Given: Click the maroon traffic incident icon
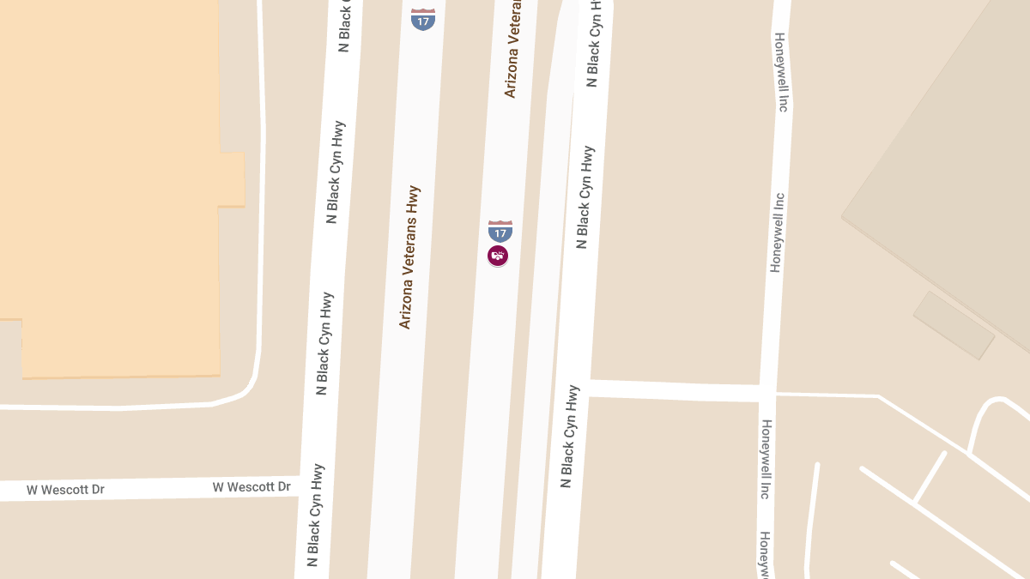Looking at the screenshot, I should (498, 255).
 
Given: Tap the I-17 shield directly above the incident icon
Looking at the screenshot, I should (500, 230).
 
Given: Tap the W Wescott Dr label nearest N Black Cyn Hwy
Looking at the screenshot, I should (251, 487).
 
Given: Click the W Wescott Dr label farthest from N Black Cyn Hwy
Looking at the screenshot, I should (65, 490).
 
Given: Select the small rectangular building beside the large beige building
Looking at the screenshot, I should (954, 325).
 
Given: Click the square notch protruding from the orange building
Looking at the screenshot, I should (232, 180).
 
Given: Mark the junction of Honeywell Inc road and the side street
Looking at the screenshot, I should (767, 393).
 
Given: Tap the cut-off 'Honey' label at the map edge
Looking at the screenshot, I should (764, 553).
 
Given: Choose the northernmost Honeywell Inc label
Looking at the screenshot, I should (780, 73).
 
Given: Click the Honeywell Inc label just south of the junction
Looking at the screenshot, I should (766, 459).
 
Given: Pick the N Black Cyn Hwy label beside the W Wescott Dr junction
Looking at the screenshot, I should (315, 515).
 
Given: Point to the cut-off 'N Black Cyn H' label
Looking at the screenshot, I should (594, 43).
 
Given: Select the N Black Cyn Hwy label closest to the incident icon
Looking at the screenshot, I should (585, 197).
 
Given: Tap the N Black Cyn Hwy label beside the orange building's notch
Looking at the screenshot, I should (336, 172).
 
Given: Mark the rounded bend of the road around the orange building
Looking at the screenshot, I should (249, 384).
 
